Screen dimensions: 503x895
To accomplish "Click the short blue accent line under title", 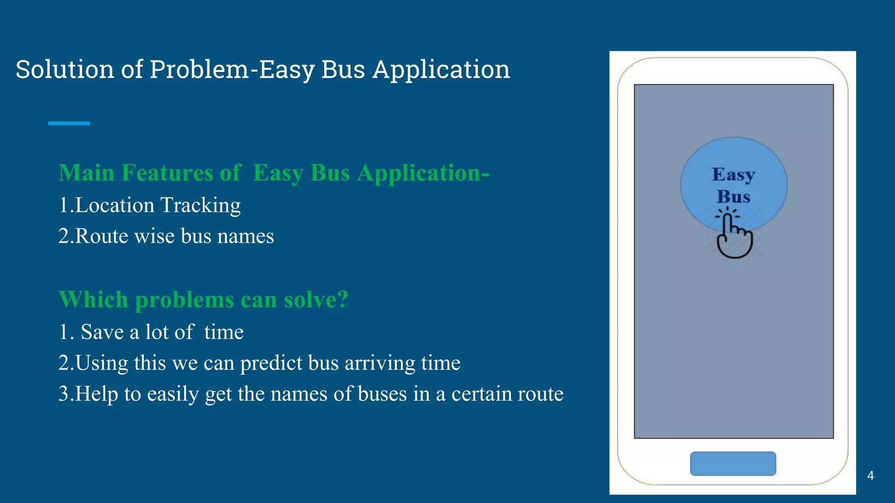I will [x=69, y=124].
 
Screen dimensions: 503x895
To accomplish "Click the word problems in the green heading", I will [x=184, y=300].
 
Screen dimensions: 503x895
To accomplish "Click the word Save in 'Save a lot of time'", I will [x=102, y=332].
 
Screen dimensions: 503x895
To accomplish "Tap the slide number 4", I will [x=870, y=475].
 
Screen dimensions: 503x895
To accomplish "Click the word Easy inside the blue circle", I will [x=733, y=175].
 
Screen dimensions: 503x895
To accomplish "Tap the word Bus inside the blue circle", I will [x=733, y=196].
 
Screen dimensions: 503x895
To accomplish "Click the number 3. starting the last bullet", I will [x=66, y=394].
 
